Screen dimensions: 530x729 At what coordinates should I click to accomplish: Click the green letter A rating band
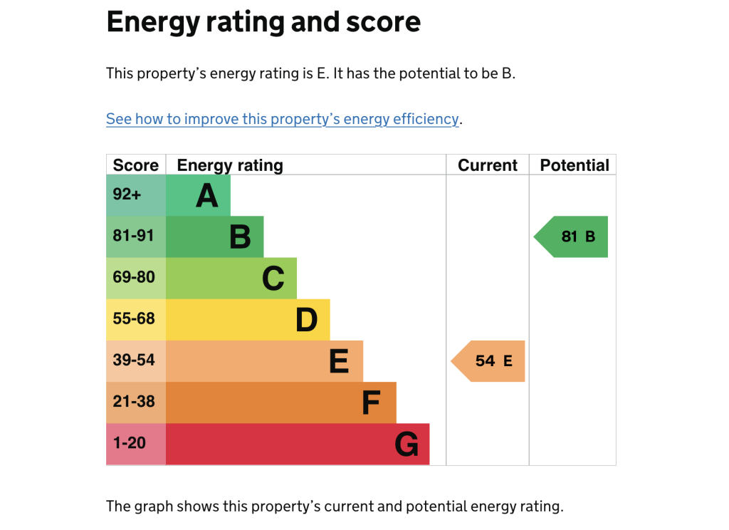coord(199,195)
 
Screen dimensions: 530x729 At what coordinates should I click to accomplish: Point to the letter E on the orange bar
coord(339,361)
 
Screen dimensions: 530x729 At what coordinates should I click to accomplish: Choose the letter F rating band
coord(281,402)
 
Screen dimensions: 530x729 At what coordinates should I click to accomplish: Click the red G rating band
coord(298,445)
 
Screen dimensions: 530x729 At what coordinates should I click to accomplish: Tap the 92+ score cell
coord(127,194)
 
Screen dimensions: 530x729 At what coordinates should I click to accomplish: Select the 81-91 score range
coord(134,236)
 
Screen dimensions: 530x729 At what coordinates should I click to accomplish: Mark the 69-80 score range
coord(134,277)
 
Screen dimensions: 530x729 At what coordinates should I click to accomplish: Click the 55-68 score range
coord(134,318)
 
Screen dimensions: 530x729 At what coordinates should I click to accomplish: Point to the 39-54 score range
coord(134,360)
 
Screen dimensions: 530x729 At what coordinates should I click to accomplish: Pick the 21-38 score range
coord(134,401)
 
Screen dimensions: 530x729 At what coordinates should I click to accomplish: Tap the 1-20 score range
coord(130,443)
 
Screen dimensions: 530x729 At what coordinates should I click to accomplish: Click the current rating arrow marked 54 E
coord(491,361)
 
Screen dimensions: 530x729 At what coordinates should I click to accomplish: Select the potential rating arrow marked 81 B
coord(574,237)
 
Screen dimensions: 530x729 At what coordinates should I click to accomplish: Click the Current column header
coord(488,165)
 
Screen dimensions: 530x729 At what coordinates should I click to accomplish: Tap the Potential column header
coord(575,165)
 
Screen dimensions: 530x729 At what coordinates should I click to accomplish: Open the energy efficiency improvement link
coord(283,119)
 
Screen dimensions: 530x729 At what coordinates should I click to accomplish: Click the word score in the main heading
coord(383,23)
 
